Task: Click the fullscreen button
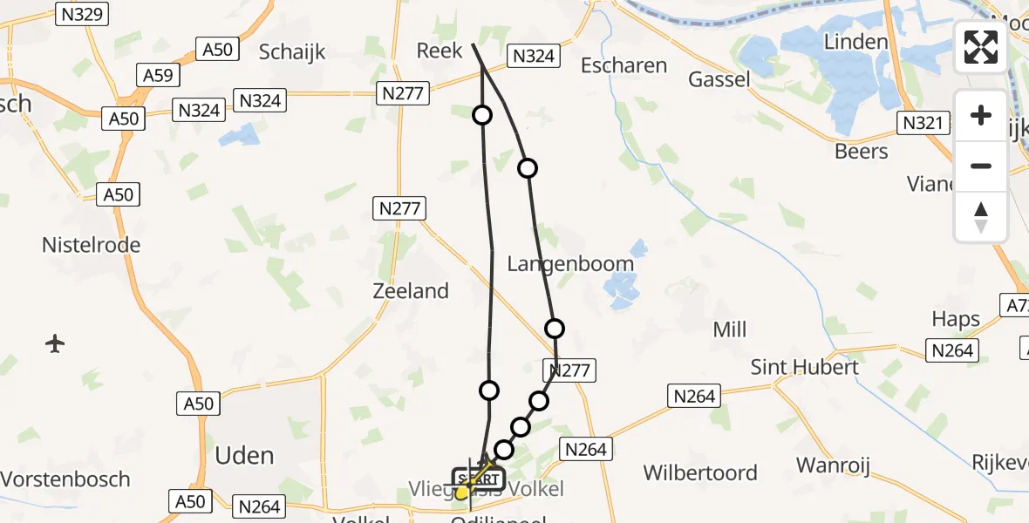pyautogui.click(x=981, y=47)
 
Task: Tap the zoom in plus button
pyautogui.click(x=981, y=116)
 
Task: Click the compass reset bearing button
pyautogui.click(x=981, y=217)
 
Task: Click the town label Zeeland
pyautogui.click(x=411, y=291)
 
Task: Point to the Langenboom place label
pyautogui.click(x=571, y=262)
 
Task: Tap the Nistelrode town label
pyautogui.click(x=92, y=246)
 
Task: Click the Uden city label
pyautogui.click(x=244, y=455)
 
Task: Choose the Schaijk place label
pyautogui.click(x=292, y=51)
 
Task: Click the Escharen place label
pyautogui.click(x=624, y=65)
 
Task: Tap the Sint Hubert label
pyautogui.click(x=805, y=367)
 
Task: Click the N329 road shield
pyautogui.click(x=81, y=14)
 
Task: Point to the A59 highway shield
pyautogui.click(x=158, y=76)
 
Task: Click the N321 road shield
pyautogui.click(x=923, y=124)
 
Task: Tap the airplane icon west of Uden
pyautogui.click(x=55, y=343)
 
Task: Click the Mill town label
pyautogui.click(x=729, y=329)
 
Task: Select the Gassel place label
pyautogui.click(x=719, y=79)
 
